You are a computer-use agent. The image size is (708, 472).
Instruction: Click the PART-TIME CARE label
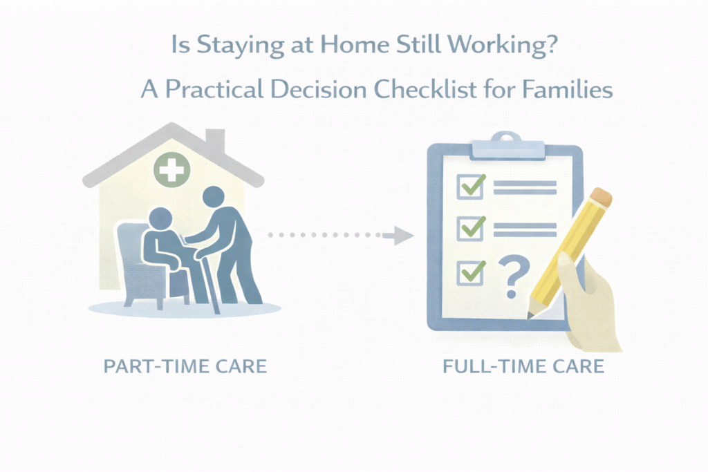pyautogui.click(x=185, y=366)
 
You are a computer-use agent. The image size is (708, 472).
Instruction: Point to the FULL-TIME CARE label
pyautogui.click(x=523, y=366)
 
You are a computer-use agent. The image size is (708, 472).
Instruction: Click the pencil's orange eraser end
pyautogui.click(x=602, y=197)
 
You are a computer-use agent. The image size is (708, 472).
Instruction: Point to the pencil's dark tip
pyautogui.click(x=530, y=315)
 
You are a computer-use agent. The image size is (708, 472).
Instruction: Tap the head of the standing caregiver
pyautogui.click(x=213, y=197)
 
